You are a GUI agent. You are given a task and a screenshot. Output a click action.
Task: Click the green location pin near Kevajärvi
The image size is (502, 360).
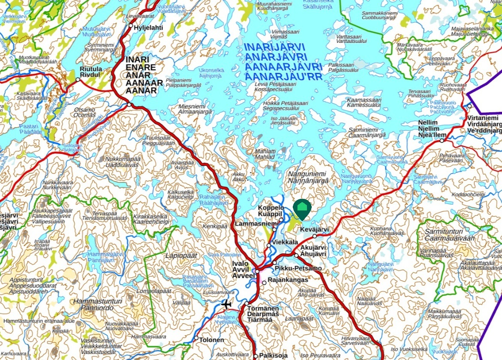(x=302, y=209)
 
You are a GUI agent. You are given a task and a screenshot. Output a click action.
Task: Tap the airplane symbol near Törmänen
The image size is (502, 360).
(x=227, y=305)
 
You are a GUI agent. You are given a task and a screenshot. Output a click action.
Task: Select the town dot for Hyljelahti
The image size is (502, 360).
(x=131, y=26)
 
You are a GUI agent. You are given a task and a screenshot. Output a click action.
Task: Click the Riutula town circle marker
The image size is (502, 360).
(x=78, y=80)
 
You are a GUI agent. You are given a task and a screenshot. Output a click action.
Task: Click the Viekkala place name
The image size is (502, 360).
(x=285, y=242)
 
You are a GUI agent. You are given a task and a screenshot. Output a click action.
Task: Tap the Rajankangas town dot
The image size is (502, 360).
(x=264, y=282)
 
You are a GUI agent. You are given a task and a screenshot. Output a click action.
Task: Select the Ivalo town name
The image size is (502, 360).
(x=240, y=263)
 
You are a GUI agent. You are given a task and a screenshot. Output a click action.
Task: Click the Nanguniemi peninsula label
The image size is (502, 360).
(x=307, y=174)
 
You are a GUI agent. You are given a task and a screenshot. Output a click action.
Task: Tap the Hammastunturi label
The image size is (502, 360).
(x=97, y=302)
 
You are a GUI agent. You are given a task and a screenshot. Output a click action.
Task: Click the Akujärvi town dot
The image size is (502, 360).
(x=296, y=255)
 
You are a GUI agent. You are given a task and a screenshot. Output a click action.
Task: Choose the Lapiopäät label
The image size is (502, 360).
(x=181, y=255)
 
